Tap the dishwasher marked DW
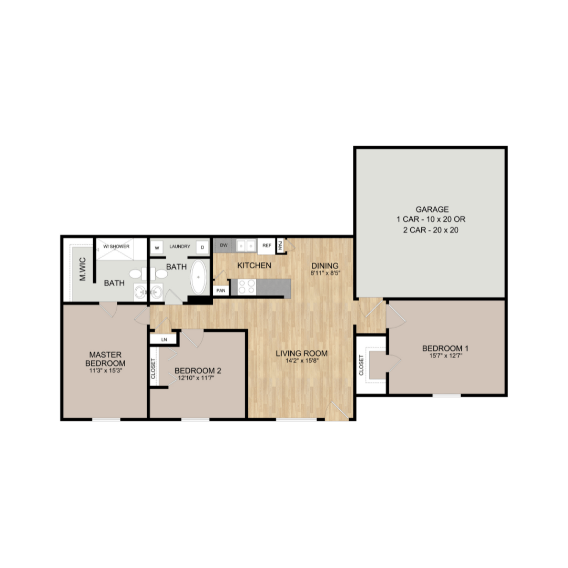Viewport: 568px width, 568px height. coord(224,246)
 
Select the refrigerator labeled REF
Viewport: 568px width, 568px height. coord(267,246)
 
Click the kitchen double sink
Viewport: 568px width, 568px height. coord(245,246)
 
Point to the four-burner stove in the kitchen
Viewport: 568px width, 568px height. coord(247,287)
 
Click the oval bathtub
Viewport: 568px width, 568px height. coord(199,277)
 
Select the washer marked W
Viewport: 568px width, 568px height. coord(157,247)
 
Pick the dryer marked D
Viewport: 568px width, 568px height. coord(202,247)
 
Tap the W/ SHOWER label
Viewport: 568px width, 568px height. coord(116,246)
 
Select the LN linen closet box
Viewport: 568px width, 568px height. coord(164,340)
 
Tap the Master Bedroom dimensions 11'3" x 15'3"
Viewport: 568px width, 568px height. coord(107,370)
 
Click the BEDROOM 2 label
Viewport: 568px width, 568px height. coord(198,370)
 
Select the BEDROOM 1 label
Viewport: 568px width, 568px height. coord(445,348)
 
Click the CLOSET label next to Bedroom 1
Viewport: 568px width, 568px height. coord(362,365)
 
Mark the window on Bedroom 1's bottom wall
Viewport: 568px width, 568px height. coord(447,394)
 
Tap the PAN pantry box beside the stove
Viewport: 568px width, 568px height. coord(220,290)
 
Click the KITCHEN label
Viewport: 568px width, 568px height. coord(254,266)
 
